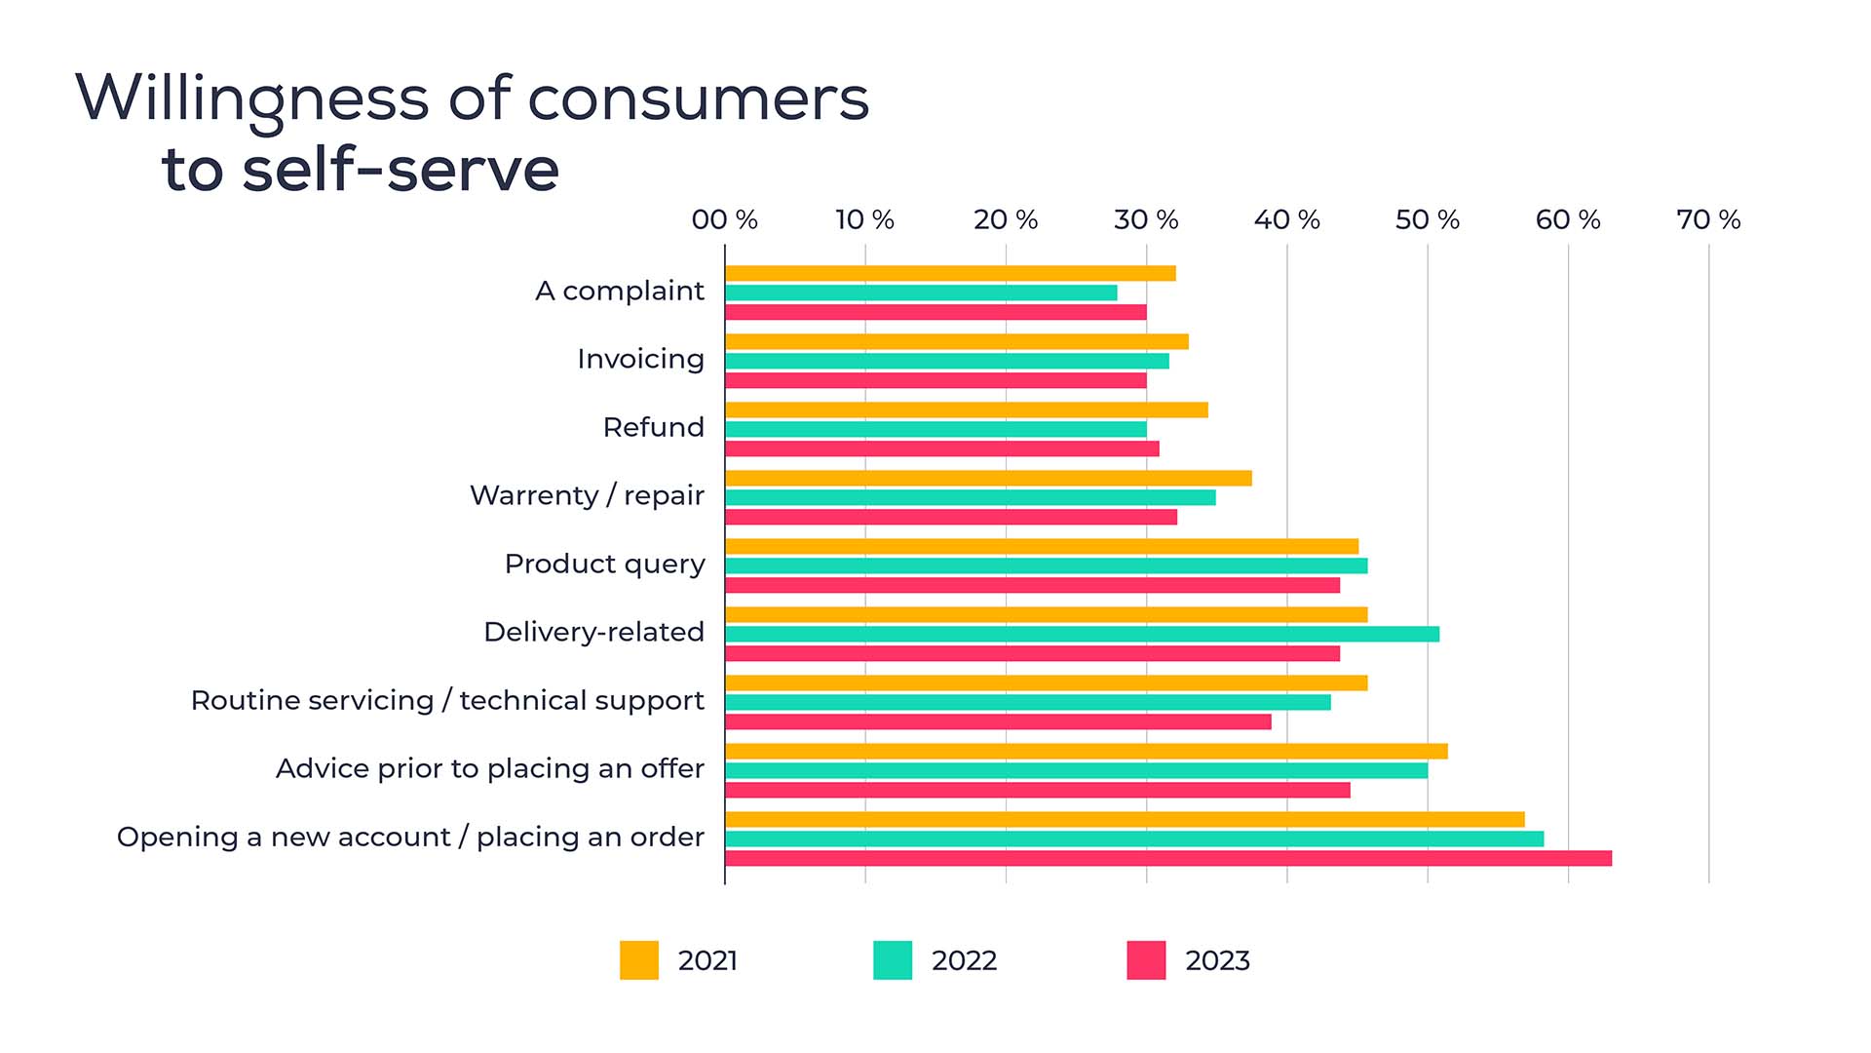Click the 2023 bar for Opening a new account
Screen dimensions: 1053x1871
1167,858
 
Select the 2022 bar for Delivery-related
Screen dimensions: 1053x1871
1082,634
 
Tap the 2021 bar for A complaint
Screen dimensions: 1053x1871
950,273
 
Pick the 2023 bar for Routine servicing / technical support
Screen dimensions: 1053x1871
998,721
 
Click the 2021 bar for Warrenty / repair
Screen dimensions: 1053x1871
988,478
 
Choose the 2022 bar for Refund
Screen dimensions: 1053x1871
935,429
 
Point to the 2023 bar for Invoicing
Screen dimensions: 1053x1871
935,380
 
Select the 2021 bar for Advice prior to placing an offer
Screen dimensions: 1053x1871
1086,751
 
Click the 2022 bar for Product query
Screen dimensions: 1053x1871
1046,565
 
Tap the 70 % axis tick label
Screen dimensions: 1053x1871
1708,219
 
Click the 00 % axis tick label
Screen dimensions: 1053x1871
724,219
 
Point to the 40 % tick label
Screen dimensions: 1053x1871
1286,219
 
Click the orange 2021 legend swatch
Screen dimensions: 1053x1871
639,960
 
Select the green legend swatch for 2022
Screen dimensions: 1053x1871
893,960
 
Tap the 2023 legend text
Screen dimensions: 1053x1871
1217,960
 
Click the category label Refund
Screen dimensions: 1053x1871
653,427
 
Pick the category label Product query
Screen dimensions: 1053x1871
604,565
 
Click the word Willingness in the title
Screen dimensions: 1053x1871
251,99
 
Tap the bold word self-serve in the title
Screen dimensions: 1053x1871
401,170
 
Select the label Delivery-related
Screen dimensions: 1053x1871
593,632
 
